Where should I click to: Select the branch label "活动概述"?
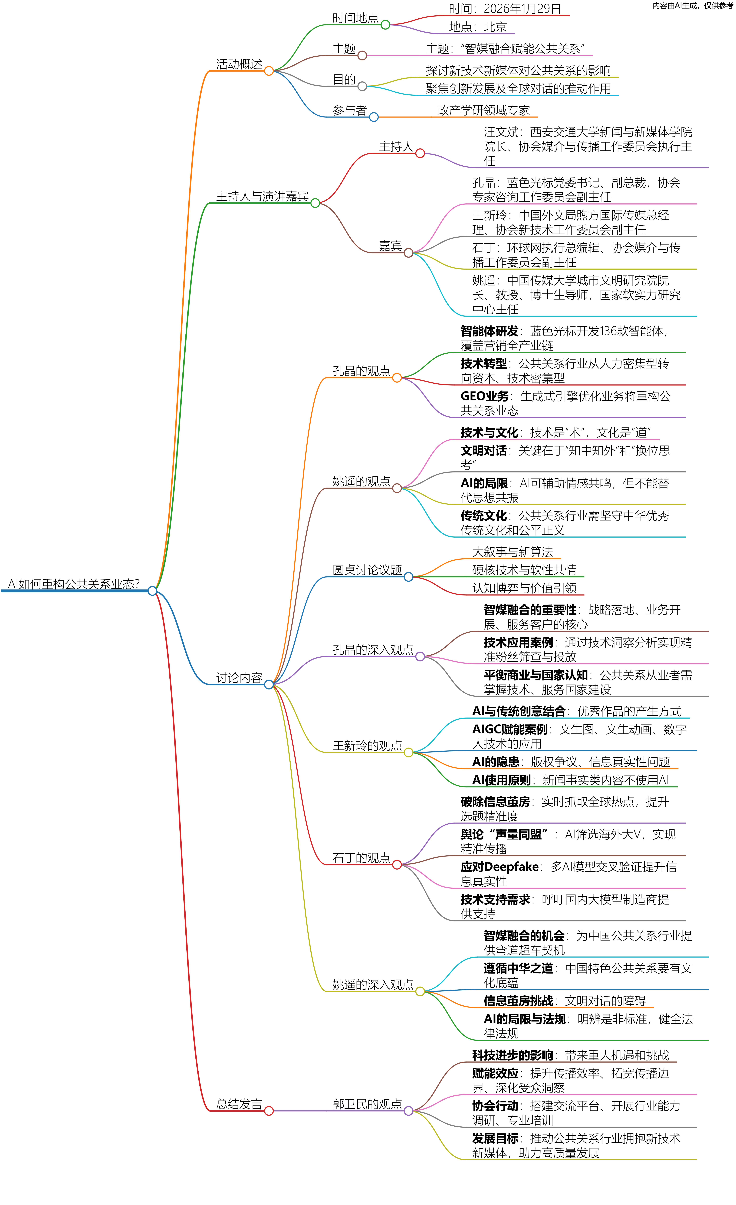pyautogui.click(x=239, y=64)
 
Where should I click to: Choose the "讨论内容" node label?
pyautogui.click(x=239, y=678)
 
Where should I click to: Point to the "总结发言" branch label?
pyautogui.click(x=239, y=1104)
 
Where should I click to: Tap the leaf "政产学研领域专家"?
pyautogui.click(x=483, y=110)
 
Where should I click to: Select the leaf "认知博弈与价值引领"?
pyautogui.click(x=524, y=588)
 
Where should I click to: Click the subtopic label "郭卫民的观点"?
pyautogui.click(x=367, y=1104)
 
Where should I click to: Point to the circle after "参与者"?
pyautogui.click(x=374, y=117)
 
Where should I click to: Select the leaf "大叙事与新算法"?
pyautogui.click(x=512, y=552)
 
